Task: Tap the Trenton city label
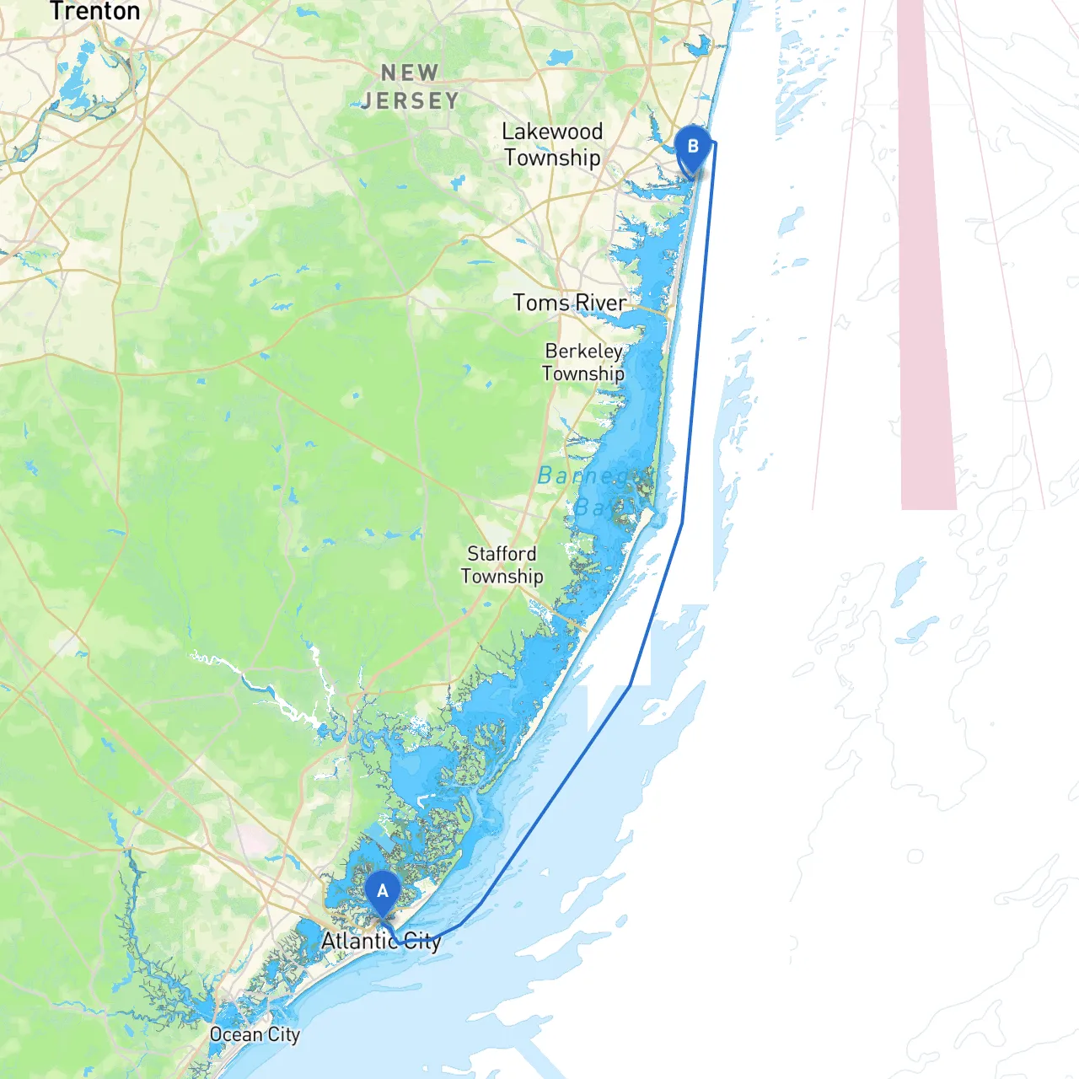pos(94,11)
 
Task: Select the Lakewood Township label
pos(552,144)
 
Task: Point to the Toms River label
pos(570,303)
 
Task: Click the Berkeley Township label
pos(583,362)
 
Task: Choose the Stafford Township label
pos(502,565)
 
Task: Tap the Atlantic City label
pos(381,941)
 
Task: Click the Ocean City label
pos(255,1034)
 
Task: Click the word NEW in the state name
pos(410,73)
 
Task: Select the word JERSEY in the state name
pos(411,101)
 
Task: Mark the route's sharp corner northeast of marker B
pos(715,143)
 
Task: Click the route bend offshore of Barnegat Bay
pos(682,523)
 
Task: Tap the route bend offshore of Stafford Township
pos(631,685)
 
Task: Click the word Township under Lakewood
pos(553,158)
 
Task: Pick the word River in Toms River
pos(600,303)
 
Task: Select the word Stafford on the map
pos(502,554)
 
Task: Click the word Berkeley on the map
pos(583,351)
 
